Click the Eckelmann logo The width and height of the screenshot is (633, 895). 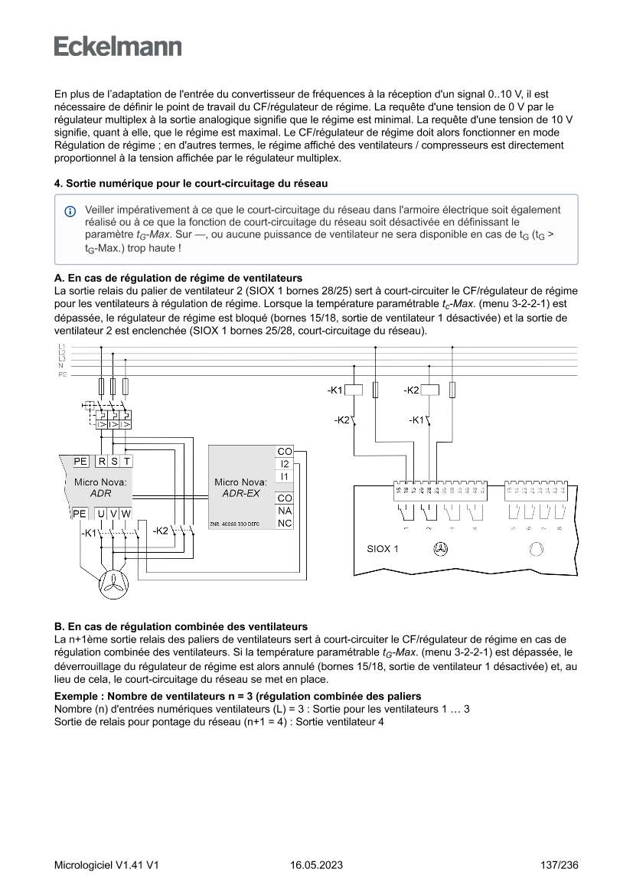[118, 46]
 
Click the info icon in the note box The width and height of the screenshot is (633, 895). [70, 211]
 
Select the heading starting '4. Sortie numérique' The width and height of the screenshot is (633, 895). [191, 184]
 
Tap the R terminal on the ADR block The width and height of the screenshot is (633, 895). [102, 462]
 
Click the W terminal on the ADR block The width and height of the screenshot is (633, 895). [126, 513]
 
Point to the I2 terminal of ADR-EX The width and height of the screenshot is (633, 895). [284, 464]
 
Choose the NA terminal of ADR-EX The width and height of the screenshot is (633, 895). [284, 511]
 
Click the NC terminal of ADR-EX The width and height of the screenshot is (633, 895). [284, 524]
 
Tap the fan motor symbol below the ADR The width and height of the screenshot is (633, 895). [113, 585]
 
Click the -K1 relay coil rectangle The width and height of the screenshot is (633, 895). [354, 390]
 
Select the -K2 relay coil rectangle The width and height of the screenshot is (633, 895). [430, 390]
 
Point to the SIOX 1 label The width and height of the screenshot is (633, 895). [383, 549]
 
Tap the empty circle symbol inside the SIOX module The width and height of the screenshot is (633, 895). [536, 549]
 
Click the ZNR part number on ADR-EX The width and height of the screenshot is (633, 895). [235, 524]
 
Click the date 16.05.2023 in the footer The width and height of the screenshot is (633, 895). [316, 865]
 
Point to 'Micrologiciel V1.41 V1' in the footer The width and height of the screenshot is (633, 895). [106, 865]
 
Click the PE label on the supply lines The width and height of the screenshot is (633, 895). [62, 375]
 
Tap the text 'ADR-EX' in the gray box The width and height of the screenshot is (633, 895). [240, 493]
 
